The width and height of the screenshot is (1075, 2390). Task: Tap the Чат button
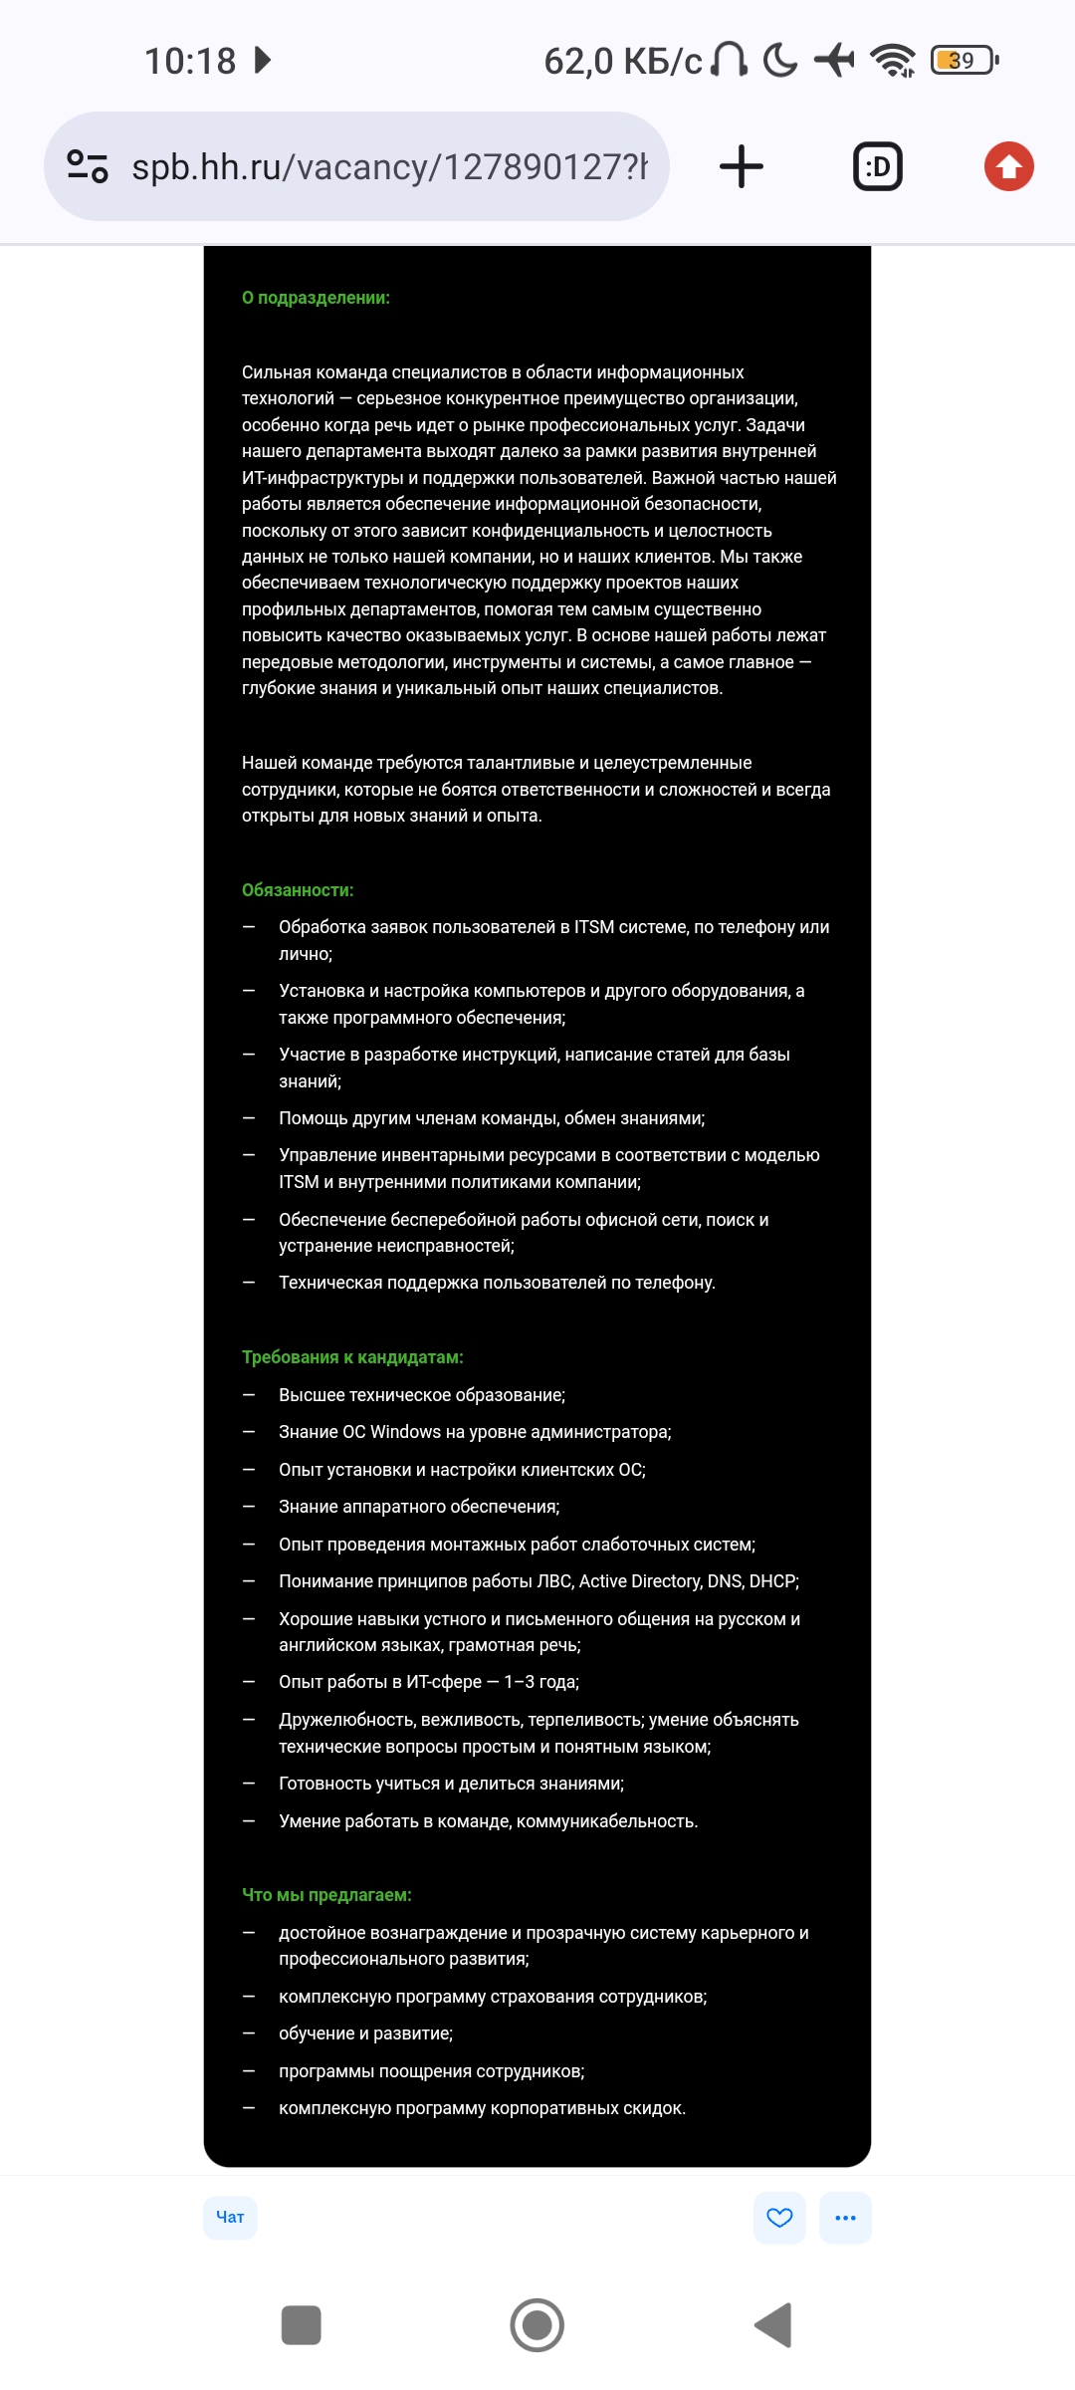pyautogui.click(x=230, y=2217)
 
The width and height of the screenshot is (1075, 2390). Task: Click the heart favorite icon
pyautogui.click(x=779, y=2217)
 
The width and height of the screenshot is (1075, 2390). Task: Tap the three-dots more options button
pyautogui.click(x=845, y=2217)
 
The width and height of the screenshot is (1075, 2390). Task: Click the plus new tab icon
pyautogui.click(x=742, y=166)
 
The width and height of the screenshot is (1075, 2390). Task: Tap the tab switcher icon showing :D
pyautogui.click(x=878, y=166)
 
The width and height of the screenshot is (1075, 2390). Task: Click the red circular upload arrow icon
pyautogui.click(x=1008, y=166)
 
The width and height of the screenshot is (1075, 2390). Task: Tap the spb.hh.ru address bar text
pyautogui.click(x=389, y=166)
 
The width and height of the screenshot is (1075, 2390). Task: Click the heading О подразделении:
pyautogui.click(x=316, y=298)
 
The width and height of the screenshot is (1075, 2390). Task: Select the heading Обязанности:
pyautogui.click(x=298, y=890)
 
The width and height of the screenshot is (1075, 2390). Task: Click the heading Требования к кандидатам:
pyautogui.click(x=352, y=1357)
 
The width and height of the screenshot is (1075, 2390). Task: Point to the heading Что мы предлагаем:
pyautogui.click(x=326, y=1895)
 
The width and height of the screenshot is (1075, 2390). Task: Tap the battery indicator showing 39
pyautogui.click(x=964, y=61)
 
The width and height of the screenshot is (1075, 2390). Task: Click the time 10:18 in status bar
pyautogui.click(x=190, y=61)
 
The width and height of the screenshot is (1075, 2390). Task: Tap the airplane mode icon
pyautogui.click(x=834, y=61)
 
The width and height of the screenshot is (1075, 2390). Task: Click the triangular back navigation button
pyautogui.click(x=773, y=2325)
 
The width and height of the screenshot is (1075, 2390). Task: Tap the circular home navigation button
pyautogui.click(x=537, y=2325)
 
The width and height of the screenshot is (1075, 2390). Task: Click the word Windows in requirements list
pyautogui.click(x=405, y=1432)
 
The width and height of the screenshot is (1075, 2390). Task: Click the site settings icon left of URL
pyautogui.click(x=88, y=166)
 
